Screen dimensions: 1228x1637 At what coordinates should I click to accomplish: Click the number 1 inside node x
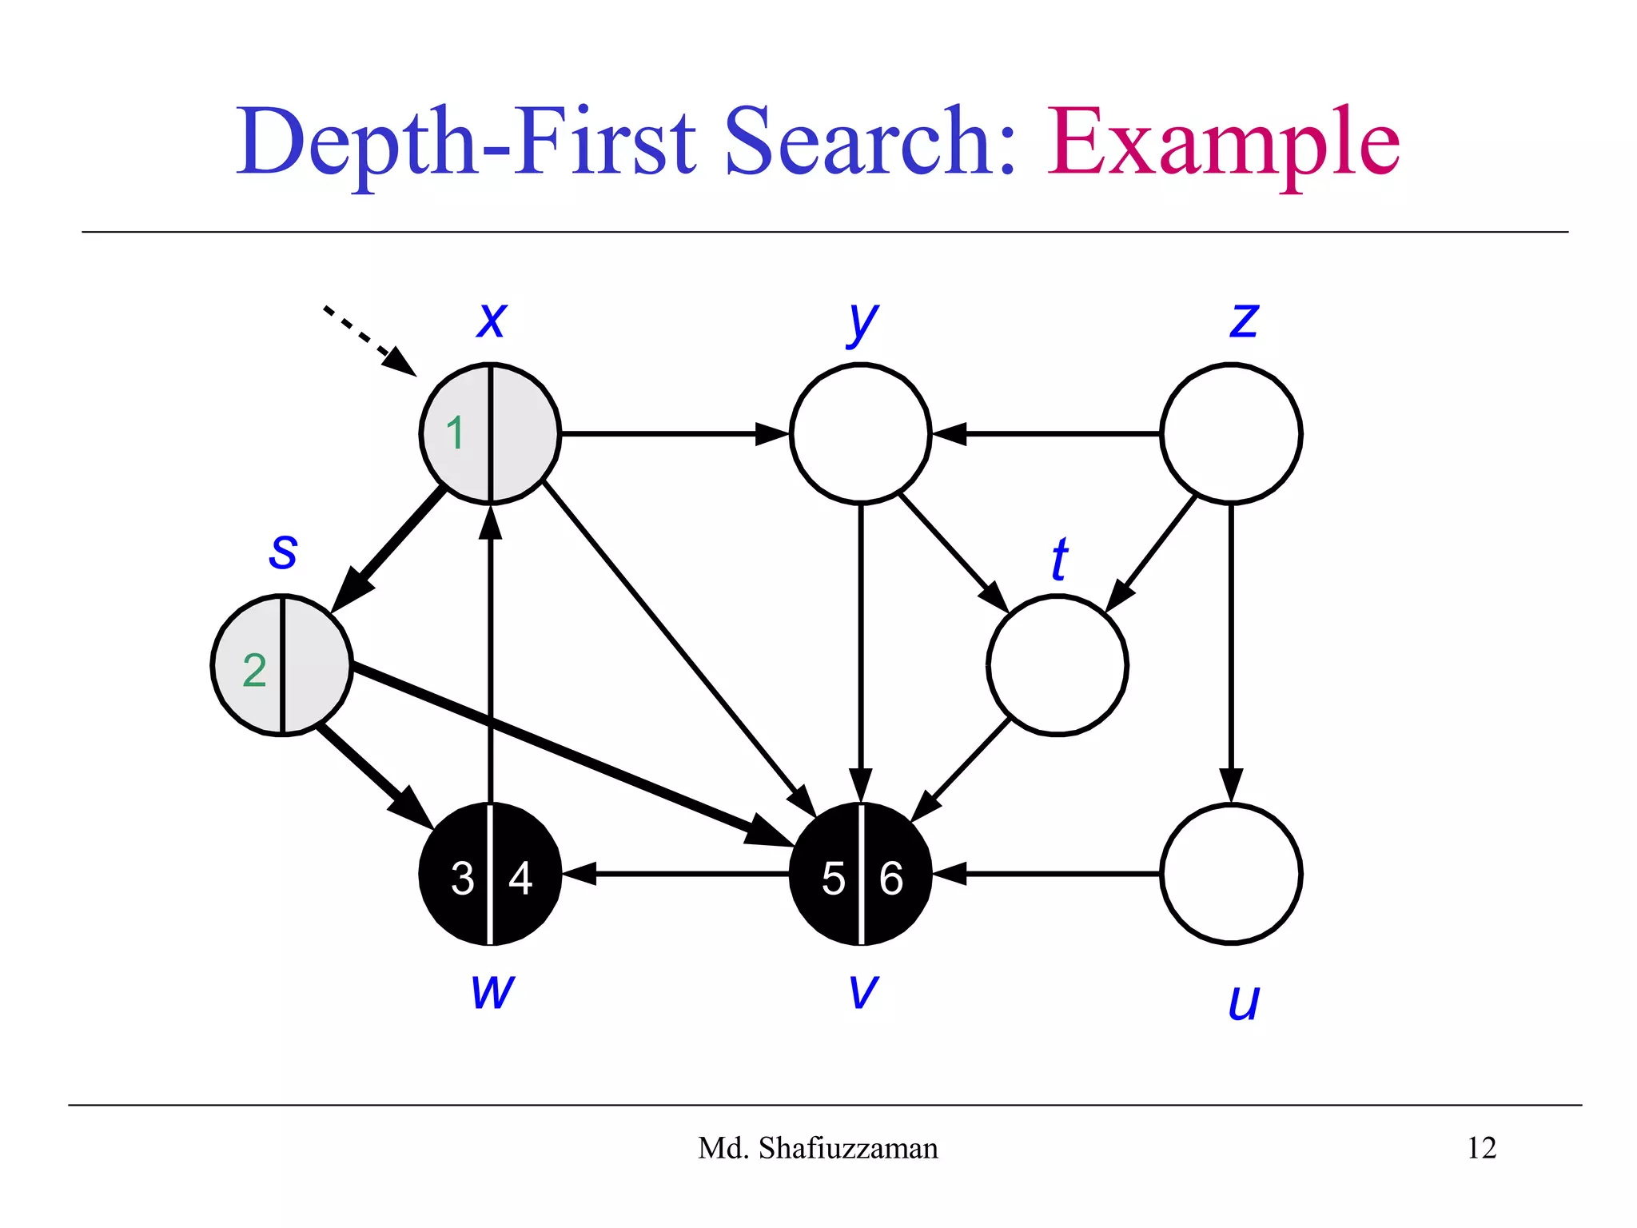455,433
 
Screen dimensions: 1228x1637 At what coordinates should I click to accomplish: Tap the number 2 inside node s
254,670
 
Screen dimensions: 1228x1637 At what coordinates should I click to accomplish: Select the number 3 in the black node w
462,879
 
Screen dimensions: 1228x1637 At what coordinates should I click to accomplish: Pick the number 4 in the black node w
520,879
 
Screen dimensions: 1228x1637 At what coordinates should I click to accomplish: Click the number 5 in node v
833,879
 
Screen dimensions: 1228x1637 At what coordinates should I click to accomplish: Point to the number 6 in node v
891,879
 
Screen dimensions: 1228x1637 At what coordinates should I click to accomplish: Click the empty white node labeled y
861,433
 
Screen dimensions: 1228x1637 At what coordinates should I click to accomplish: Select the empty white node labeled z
1231,433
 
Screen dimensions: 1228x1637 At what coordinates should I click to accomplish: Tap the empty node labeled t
1057,664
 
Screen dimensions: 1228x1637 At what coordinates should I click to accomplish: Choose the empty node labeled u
1231,874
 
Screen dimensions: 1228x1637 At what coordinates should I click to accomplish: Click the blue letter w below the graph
492,991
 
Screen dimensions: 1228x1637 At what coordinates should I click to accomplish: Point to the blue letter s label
283,552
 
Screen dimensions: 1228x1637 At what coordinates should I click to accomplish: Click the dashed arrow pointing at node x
368,340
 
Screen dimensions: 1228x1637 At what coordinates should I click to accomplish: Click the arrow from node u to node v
1047,874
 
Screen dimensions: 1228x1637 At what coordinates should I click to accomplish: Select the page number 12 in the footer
1481,1148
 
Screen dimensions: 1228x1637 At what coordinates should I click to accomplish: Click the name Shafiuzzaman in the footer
848,1148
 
